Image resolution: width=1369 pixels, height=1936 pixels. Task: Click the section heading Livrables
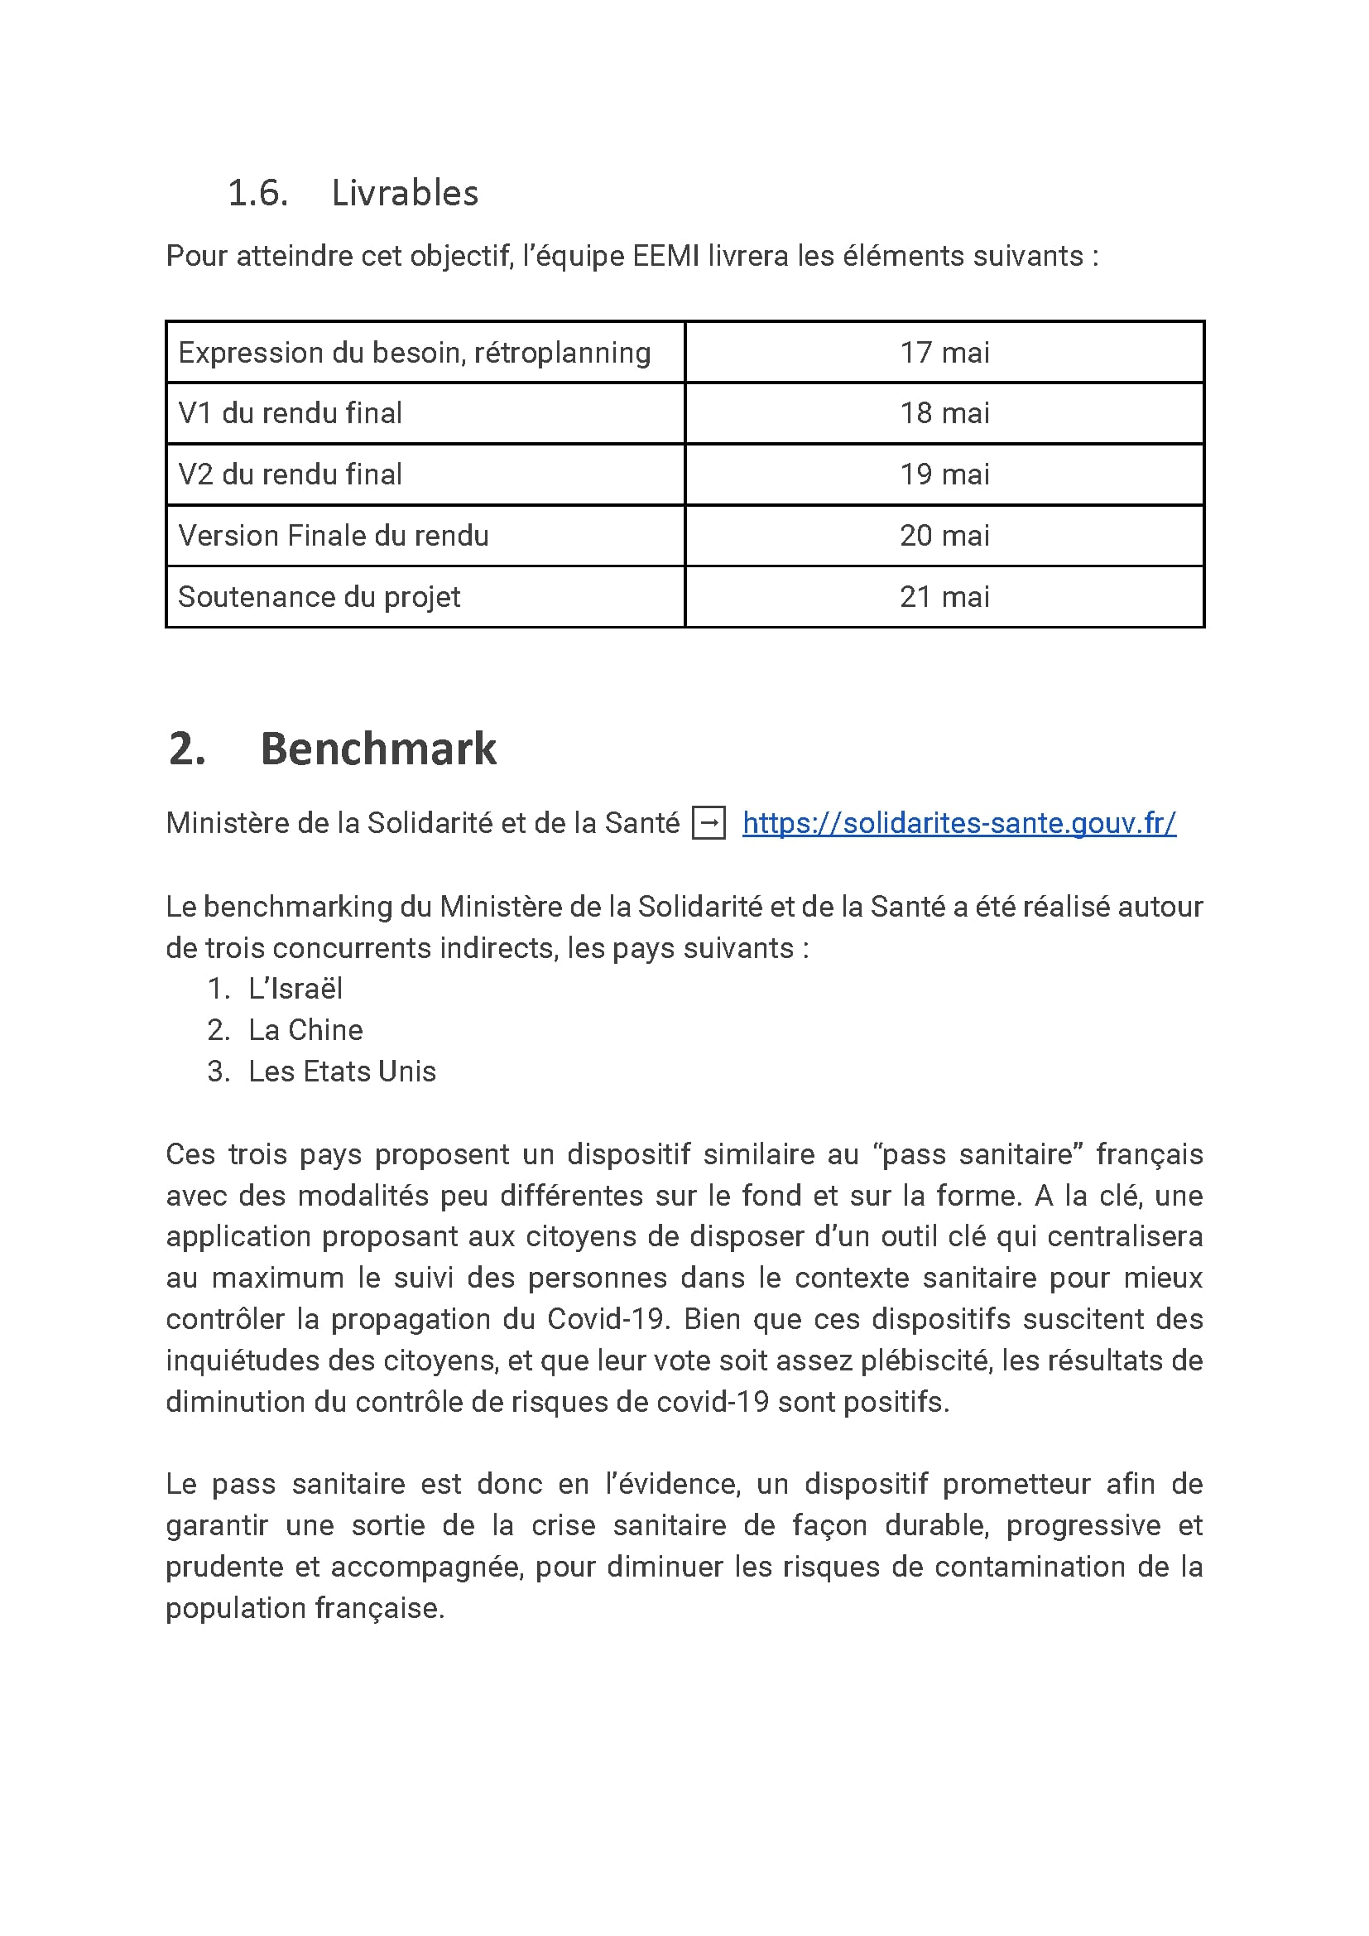point(405,193)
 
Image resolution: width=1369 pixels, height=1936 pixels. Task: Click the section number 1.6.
point(258,193)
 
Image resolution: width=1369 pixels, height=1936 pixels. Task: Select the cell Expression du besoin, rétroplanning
point(414,353)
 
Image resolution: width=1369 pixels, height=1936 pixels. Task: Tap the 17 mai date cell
point(944,353)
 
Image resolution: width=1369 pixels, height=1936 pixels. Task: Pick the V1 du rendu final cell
point(290,413)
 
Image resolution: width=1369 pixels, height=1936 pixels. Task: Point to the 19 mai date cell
point(944,474)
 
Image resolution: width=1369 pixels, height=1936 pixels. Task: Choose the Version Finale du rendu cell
point(333,536)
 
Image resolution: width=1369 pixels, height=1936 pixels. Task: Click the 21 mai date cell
point(944,597)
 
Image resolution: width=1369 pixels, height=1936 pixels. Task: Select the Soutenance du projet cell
point(319,597)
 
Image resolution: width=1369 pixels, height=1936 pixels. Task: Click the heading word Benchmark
point(378,749)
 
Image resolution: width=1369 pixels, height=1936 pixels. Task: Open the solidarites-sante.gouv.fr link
point(958,823)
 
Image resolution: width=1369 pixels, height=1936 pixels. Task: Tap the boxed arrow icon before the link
point(709,823)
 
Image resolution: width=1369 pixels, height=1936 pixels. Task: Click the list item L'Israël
point(295,988)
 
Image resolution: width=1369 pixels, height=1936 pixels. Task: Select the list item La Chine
point(305,1029)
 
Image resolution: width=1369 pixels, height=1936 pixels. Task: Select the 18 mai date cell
point(944,413)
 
